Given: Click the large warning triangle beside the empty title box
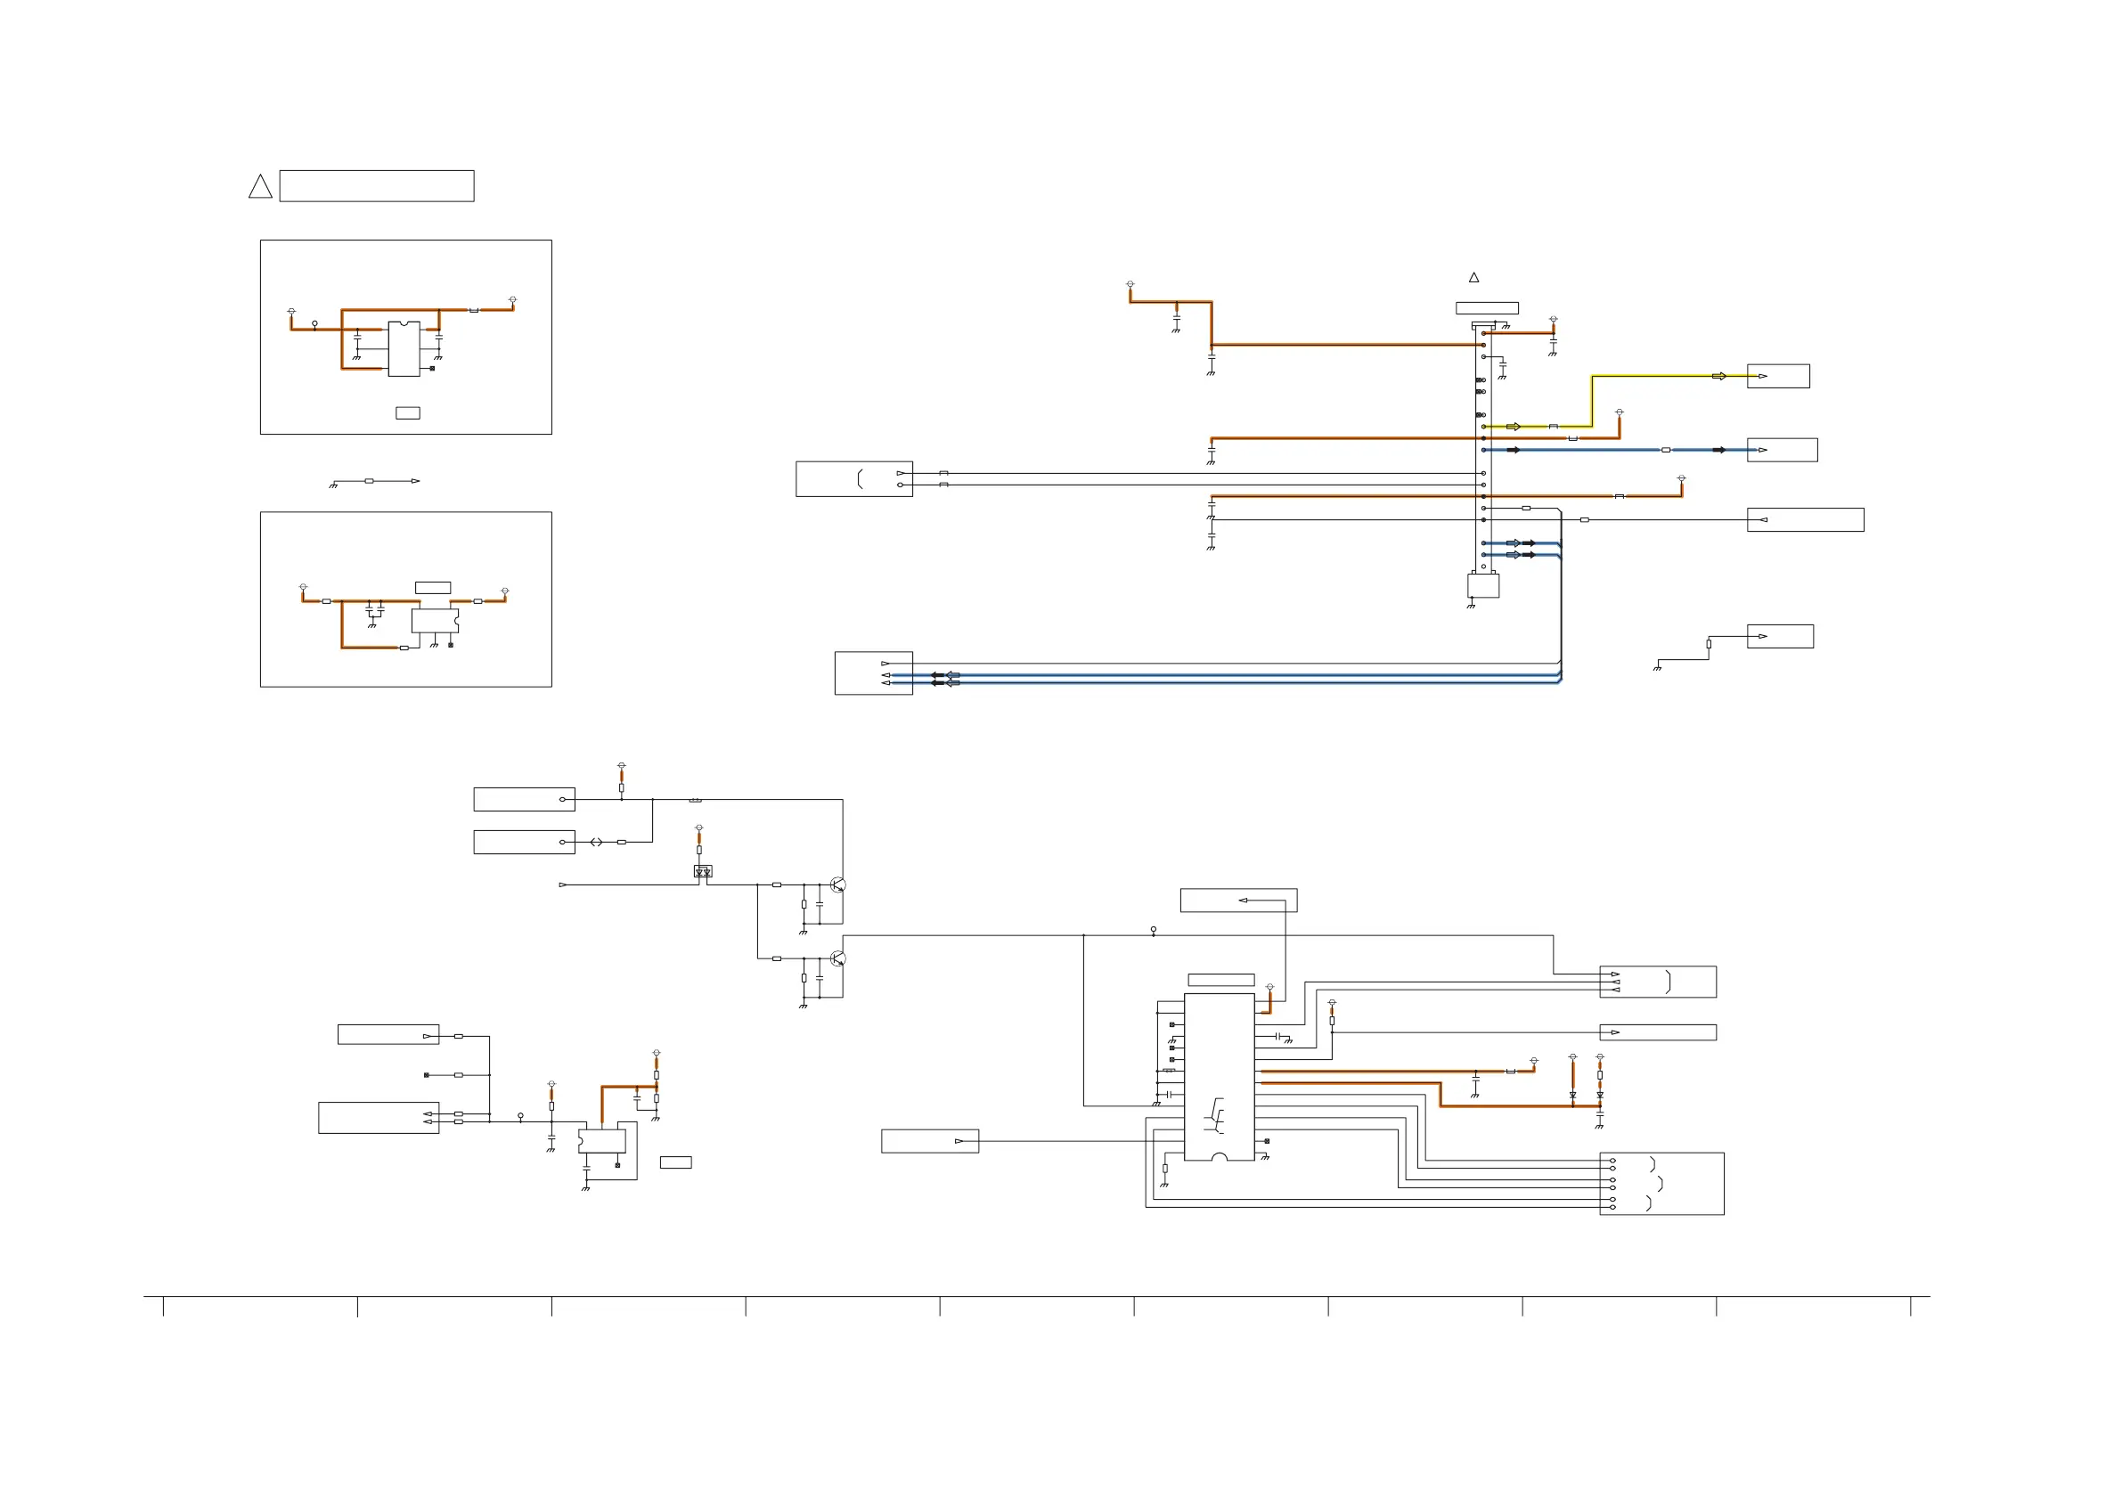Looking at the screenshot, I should pos(260,188).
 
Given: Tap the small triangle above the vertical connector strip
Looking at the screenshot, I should pos(1474,277).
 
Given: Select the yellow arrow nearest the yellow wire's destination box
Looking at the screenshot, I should pos(1719,376).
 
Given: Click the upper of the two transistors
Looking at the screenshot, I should pos(837,885).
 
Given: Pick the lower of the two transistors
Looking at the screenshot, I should pos(837,958).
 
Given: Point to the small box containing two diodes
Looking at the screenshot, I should pos(704,870).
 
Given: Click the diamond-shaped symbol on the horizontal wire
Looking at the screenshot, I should pos(596,842).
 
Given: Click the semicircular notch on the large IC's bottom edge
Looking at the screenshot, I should pos(1219,1157).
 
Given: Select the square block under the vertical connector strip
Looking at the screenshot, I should pos(1482,585).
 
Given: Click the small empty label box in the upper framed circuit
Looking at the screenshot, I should pos(408,413).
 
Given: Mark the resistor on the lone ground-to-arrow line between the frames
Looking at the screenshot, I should pos(370,481).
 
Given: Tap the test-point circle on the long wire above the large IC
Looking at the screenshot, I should pos(1154,930).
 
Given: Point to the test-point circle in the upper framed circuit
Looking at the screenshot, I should pos(315,323).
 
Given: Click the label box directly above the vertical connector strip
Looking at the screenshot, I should pos(1487,308).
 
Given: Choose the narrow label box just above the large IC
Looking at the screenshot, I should pos(1220,980).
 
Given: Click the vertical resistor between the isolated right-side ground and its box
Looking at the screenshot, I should pos(1709,644).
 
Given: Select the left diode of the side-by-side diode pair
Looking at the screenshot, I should pos(1573,1096).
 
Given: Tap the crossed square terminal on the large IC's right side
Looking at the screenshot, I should pos(1267,1141).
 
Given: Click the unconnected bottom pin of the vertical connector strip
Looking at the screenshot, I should pos(1483,567).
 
